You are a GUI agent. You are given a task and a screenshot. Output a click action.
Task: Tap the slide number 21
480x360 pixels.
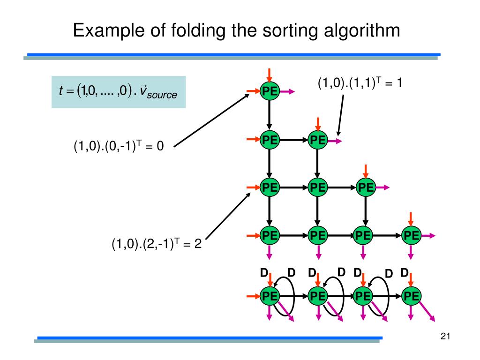pos(445,336)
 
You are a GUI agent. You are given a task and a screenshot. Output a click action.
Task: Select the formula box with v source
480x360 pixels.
pos(118,92)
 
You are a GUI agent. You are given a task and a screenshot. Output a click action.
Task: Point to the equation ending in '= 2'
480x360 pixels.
pos(156,244)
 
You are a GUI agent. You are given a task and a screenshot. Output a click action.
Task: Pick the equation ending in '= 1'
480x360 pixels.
pos(360,83)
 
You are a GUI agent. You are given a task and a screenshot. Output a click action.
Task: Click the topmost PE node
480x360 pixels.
pos(270,92)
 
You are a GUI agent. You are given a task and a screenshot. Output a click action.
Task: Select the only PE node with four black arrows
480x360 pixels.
pos(317,188)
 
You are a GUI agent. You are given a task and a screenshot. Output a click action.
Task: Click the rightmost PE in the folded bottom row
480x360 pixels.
pos(411,296)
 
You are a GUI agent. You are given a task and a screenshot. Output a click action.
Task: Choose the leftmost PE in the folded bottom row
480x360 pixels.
pos(270,296)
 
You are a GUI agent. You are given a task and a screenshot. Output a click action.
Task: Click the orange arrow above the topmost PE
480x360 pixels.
pos(270,75)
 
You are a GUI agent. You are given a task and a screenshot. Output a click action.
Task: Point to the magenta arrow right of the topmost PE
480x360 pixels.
pos(287,92)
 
